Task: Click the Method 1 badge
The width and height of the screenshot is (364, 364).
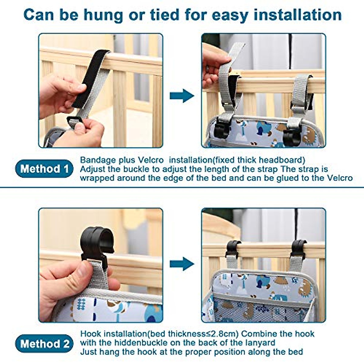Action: coord(44,168)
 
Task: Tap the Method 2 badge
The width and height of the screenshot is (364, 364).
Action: coord(44,343)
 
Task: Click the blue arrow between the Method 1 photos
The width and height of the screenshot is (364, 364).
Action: coord(182,96)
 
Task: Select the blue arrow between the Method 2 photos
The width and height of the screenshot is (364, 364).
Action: coord(182,264)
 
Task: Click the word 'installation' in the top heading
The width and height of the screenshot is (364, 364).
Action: coord(298,15)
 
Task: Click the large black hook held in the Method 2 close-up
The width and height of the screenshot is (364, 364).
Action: coord(97,244)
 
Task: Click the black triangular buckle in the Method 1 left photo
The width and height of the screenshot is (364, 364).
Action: coord(74,122)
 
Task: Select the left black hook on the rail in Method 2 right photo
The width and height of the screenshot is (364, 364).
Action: coord(233,248)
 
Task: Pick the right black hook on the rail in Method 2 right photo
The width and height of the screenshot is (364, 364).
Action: coord(298,249)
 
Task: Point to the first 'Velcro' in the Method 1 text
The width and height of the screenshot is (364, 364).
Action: coord(150,160)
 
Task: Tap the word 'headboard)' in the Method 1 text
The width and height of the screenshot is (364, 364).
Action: coord(282,160)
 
